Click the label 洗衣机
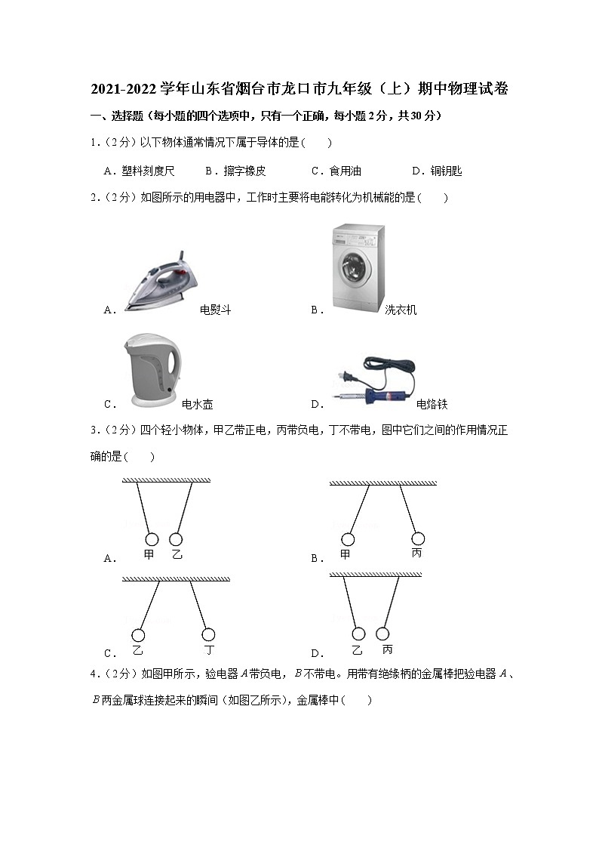tap(401, 310)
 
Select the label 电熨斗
tap(215, 310)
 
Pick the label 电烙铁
tap(432, 405)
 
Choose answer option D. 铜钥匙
tap(437, 171)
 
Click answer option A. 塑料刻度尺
tap(138, 171)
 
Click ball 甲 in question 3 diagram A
tap(151, 539)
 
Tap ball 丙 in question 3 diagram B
tap(418, 538)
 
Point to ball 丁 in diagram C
tap(208, 634)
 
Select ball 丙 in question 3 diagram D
tap(383, 634)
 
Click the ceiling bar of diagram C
tap(176, 578)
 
